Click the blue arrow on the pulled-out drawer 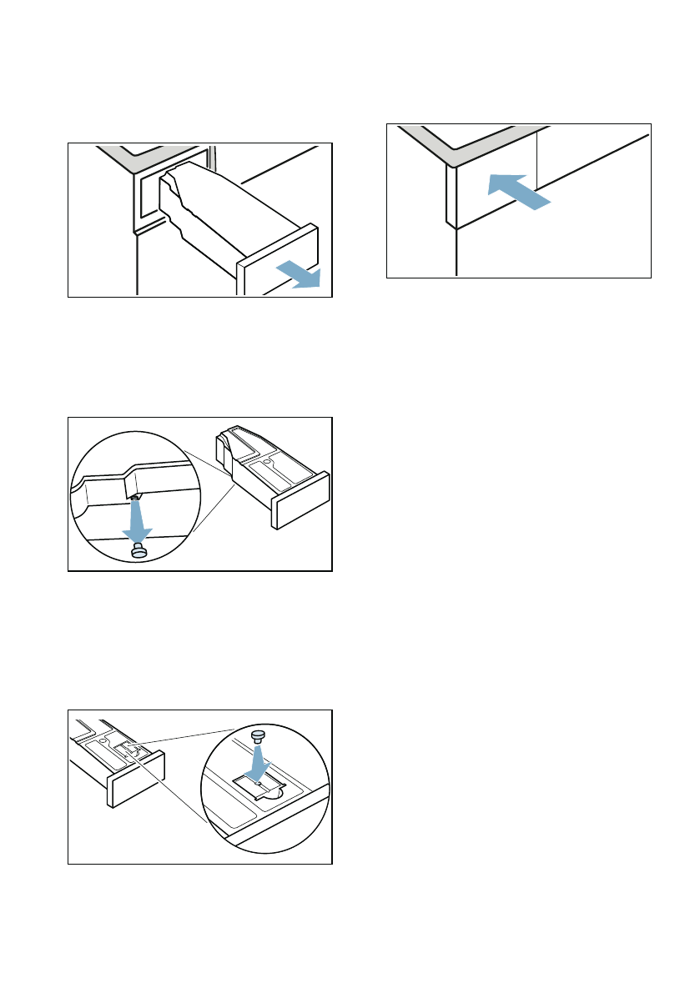[x=300, y=274]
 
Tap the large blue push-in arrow [x=517, y=192]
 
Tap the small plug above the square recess [x=259, y=735]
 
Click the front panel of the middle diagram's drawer [x=300, y=502]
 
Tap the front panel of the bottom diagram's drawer [x=133, y=779]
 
